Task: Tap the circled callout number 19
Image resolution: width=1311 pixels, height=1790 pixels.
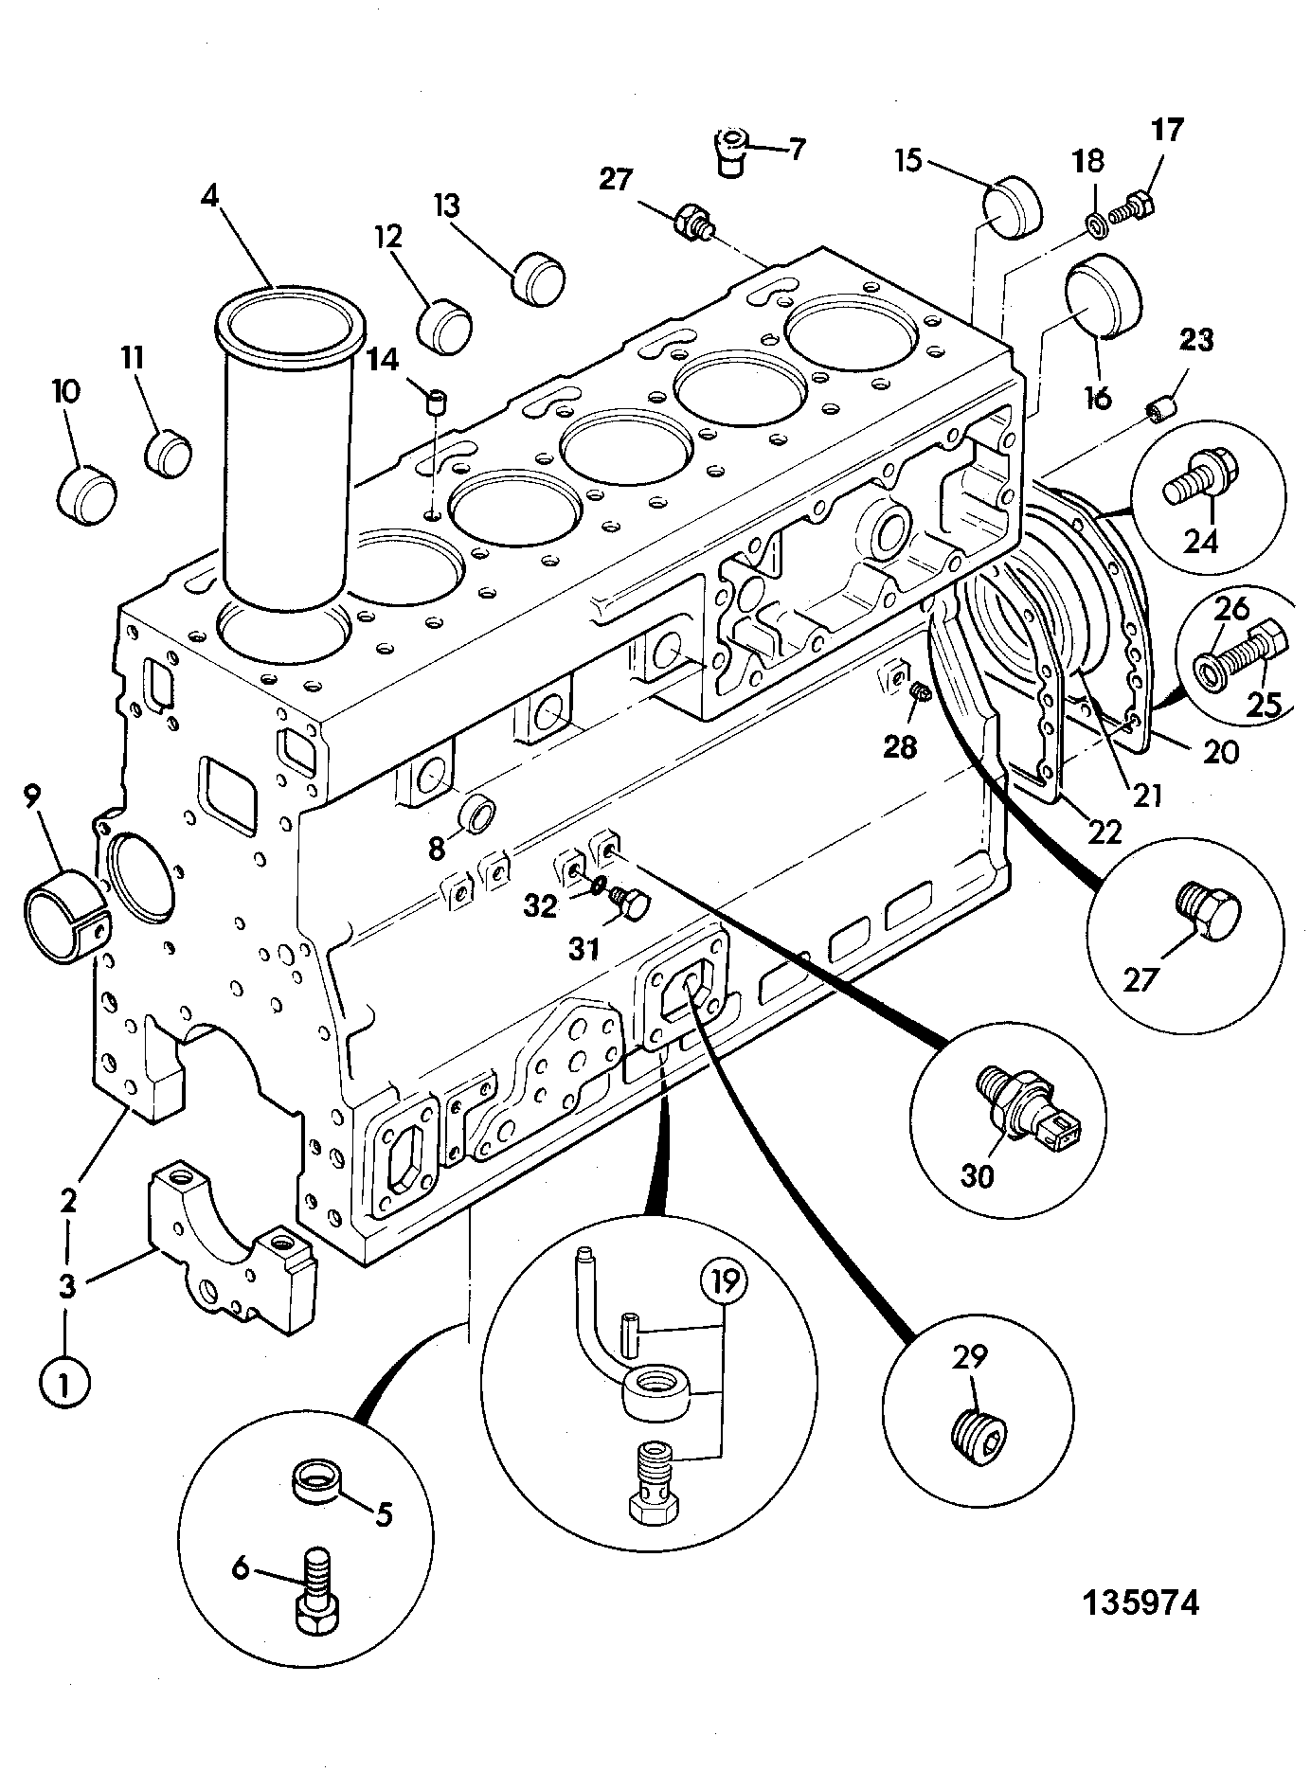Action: click(x=724, y=1283)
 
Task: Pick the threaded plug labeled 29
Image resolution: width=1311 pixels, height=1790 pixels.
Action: click(x=980, y=1441)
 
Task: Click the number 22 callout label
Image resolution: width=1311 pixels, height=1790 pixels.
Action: click(x=1104, y=831)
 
